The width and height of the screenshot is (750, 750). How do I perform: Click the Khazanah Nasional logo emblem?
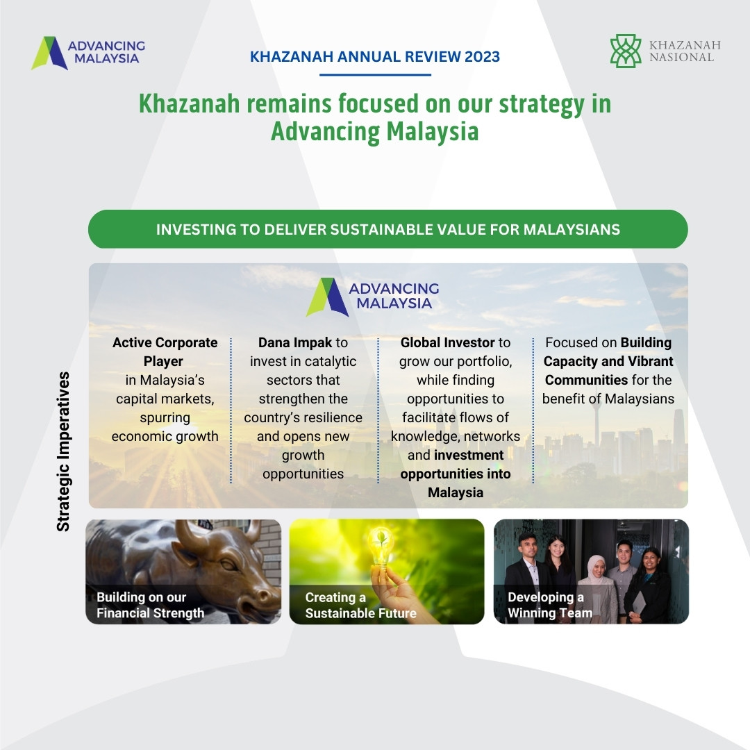pyautogui.click(x=625, y=51)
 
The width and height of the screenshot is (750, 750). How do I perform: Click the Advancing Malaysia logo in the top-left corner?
pyautogui.click(x=88, y=53)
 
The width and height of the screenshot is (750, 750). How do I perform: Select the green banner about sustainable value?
pyautogui.click(x=387, y=229)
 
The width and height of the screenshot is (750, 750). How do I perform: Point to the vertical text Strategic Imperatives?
pyautogui.click(x=63, y=451)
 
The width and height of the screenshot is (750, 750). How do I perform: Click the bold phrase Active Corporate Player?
pyautogui.click(x=165, y=351)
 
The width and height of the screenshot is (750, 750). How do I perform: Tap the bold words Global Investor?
pyautogui.click(x=447, y=342)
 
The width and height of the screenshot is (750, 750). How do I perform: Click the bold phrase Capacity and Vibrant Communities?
pyautogui.click(x=608, y=370)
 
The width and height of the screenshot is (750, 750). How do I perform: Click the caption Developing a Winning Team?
pyautogui.click(x=549, y=605)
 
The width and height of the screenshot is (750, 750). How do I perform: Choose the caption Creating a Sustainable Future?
pyautogui.click(x=360, y=605)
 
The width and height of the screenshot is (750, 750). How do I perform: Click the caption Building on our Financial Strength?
pyautogui.click(x=150, y=605)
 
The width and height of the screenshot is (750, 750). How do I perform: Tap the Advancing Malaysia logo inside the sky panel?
pyautogui.click(x=373, y=296)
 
